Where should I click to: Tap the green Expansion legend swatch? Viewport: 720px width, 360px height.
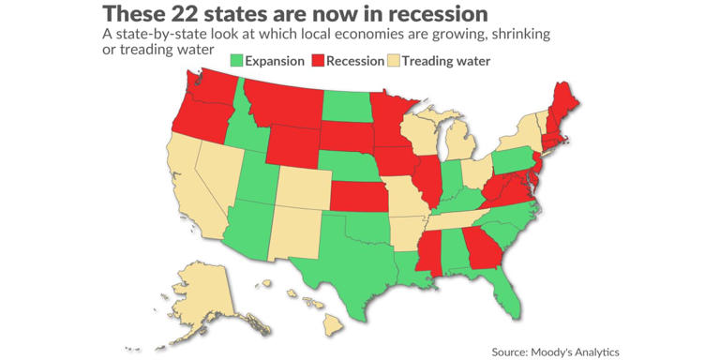click(x=236, y=61)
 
